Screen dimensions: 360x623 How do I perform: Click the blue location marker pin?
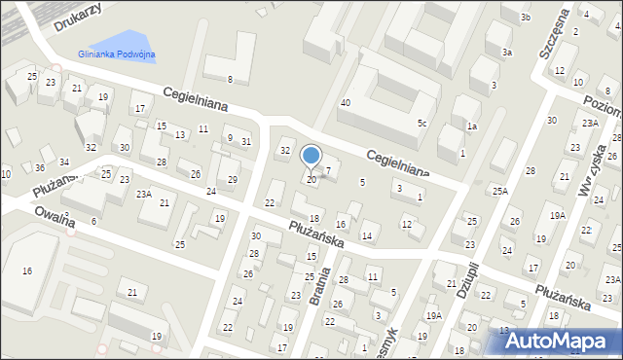(x=311, y=157)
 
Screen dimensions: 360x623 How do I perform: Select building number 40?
(x=345, y=103)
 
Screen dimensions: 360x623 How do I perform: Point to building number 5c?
(x=421, y=124)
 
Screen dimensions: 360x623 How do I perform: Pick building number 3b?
(x=525, y=18)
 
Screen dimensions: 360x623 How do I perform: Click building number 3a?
(x=506, y=53)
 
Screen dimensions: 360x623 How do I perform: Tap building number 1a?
(x=471, y=126)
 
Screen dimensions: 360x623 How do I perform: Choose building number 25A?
(x=499, y=192)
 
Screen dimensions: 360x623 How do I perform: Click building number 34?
(x=64, y=162)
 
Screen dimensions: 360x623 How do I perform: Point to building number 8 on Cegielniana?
(x=230, y=79)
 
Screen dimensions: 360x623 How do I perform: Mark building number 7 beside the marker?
(x=328, y=171)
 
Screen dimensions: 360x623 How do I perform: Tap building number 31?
(x=246, y=142)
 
